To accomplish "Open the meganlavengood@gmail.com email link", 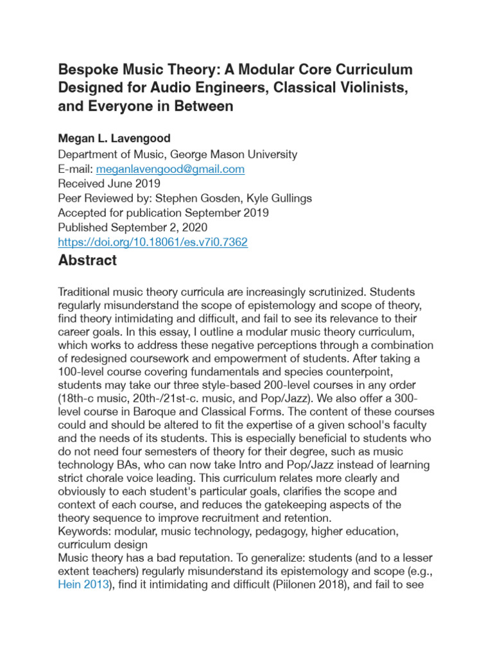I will click(169, 169).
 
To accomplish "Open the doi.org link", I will click(153, 242).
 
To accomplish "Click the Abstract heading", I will click(87, 261).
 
